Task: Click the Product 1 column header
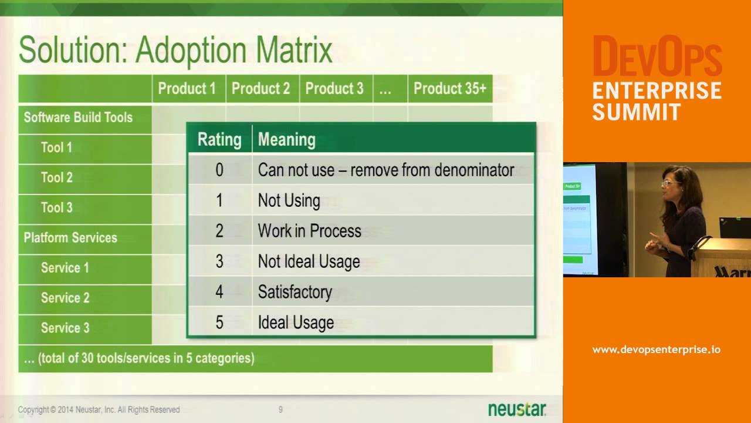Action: point(187,89)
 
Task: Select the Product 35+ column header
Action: point(449,89)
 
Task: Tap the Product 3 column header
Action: point(334,89)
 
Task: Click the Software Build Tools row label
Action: point(78,117)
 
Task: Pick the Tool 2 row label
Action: point(57,177)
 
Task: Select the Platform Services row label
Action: point(70,238)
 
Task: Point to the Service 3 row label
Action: point(65,328)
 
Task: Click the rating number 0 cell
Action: point(219,170)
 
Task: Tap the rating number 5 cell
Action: point(219,322)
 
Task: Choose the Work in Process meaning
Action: point(309,231)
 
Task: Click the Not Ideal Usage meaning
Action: point(309,261)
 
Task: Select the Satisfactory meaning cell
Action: point(295,292)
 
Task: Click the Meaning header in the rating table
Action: point(286,139)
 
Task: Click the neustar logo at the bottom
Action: point(517,409)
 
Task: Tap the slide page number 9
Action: point(280,409)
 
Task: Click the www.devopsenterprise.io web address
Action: point(656,350)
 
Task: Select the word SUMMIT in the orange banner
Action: point(637,112)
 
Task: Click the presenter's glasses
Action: point(669,183)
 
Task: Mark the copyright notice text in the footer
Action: point(99,409)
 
